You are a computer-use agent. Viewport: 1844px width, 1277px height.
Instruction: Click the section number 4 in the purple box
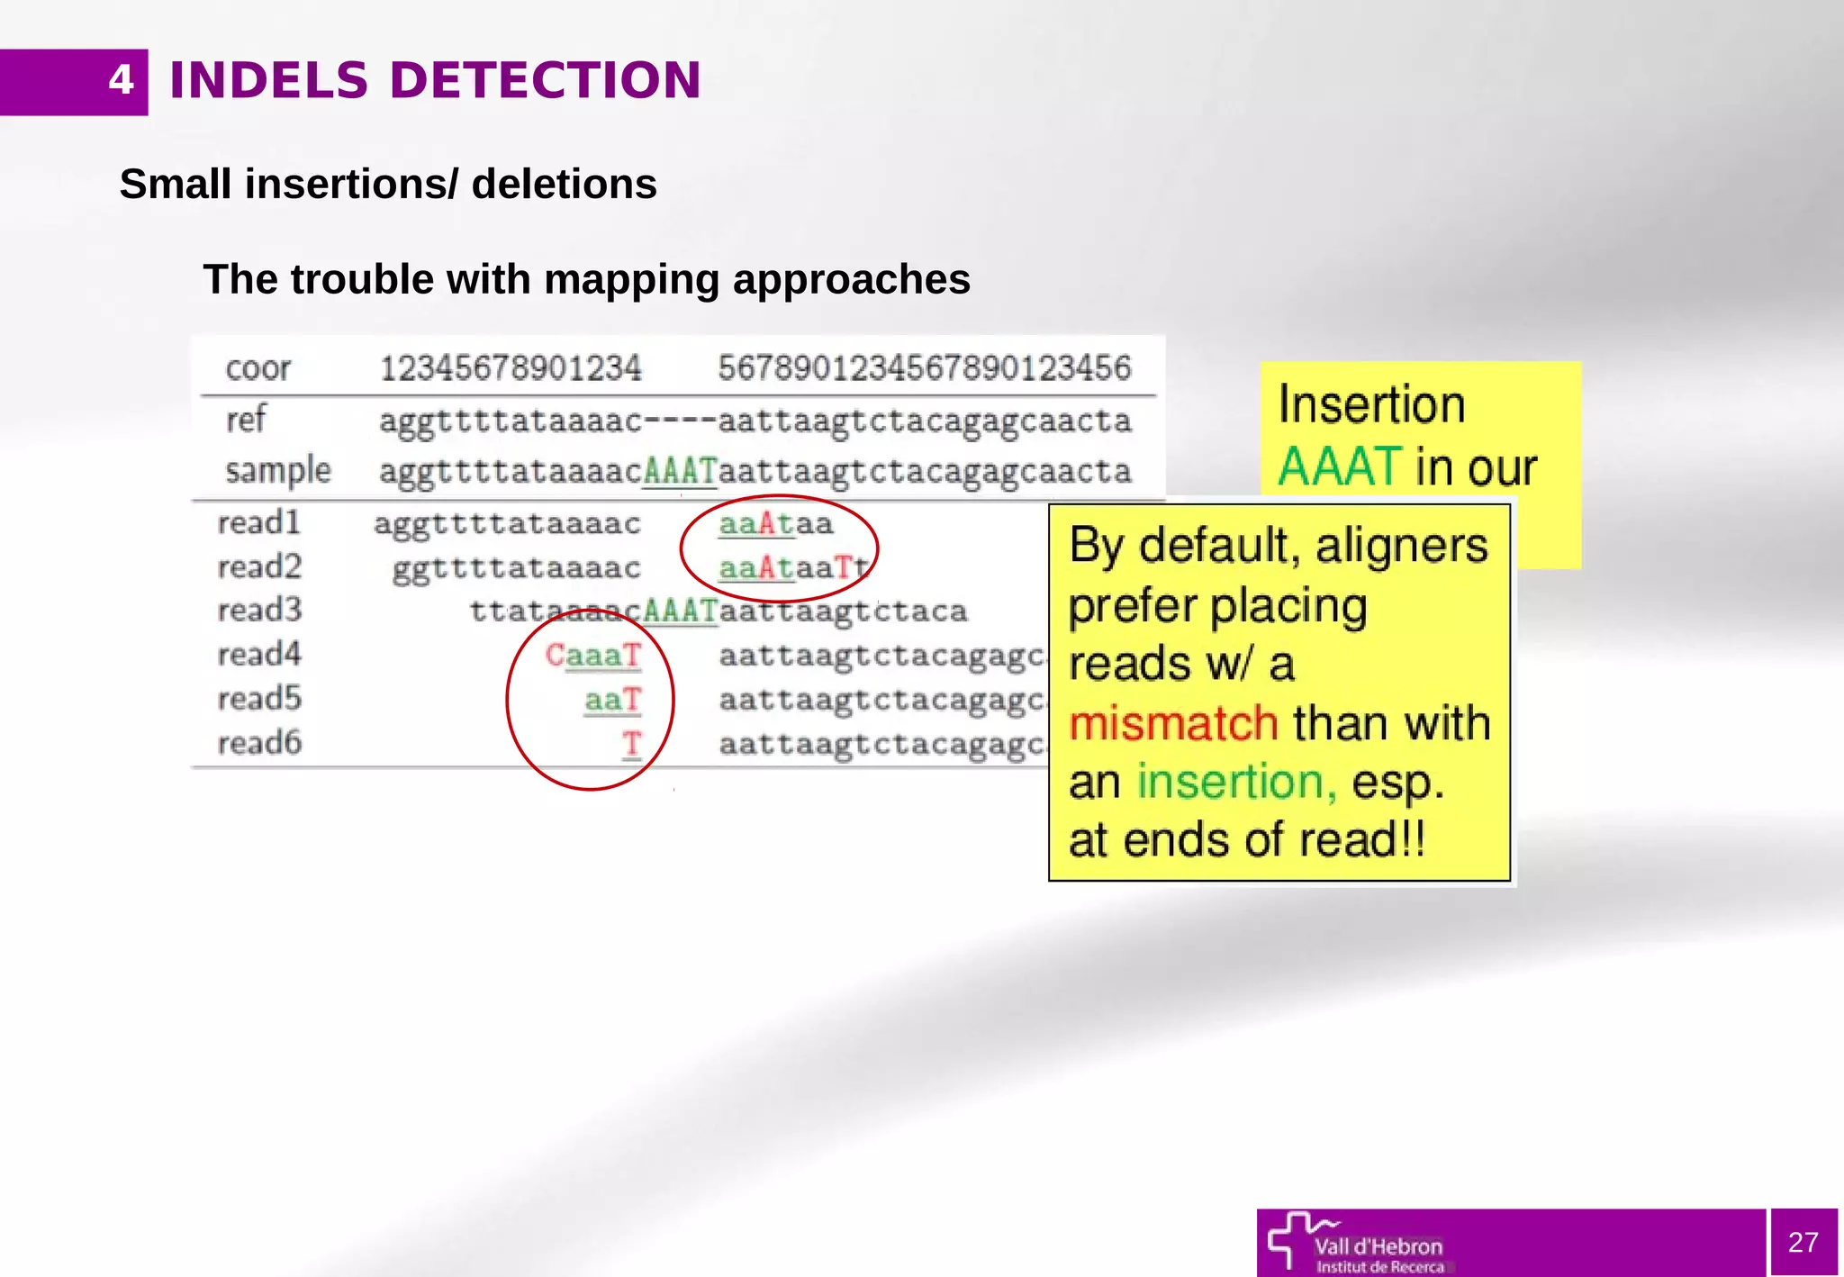pyautogui.click(x=121, y=80)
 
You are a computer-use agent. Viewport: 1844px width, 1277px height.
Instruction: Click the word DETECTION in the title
pyautogui.click(x=545, y=80)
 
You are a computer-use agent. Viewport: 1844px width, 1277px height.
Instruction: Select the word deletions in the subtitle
pyautogui.click(x=564, y=184)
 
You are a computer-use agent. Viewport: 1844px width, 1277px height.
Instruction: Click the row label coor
pyautogui.click(x=258, y=368)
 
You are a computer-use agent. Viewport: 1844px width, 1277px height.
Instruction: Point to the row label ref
pyautogui.click(x=246, y=420)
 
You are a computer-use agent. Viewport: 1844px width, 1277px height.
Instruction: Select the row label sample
pyautogui.click(x=277, y=471)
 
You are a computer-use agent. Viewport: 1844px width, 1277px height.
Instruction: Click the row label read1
pyautogui.click(x=258, y=523)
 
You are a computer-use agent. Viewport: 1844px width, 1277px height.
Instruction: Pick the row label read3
pyautogui.click(x=259, y=611)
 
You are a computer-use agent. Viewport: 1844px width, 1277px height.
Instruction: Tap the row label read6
pyautogui.click(x=259, y=743)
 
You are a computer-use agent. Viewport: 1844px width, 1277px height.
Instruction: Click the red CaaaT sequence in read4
pyautogui.click(x=593, y=656)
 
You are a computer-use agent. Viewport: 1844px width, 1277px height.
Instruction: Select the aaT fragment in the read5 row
pyautogui.click(x=612, y=700)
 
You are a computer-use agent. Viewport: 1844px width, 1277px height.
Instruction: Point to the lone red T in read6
pyautogui.click(x=631, y=744)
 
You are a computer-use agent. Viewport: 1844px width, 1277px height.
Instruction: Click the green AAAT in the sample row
pyautogui.click(x=680, y=471)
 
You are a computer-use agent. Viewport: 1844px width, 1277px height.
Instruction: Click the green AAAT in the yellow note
pyautogui.click(x=1339, y=467)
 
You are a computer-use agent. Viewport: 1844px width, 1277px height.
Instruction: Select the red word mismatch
pyautogui.click(x=1172, y=723)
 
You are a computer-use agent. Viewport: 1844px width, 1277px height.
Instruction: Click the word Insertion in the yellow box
pyautogui.click(x=1371, y=404)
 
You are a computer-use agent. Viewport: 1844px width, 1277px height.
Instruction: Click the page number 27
pyautogui.click(x=1803, y=1242)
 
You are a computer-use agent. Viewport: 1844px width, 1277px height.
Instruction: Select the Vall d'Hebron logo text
pyautogui.click(x=1378, y=1247)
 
